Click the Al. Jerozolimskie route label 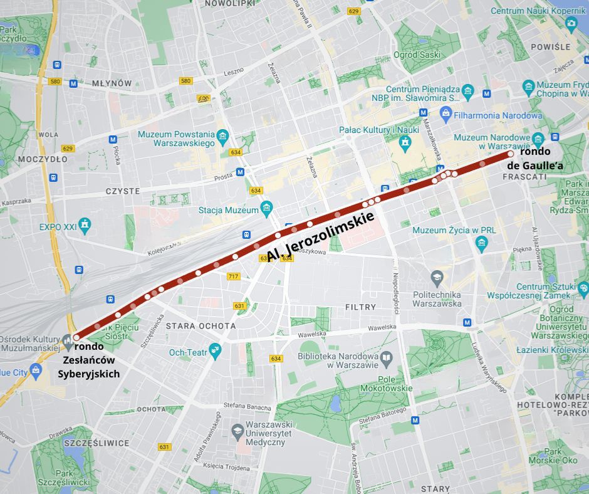click(320, 237)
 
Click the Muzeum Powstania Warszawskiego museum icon click(222, 135)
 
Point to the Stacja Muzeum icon click(267, 207)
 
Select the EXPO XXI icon click(85, 224)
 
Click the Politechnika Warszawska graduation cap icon click(437, 276)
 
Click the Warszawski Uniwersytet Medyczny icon click(237, 430)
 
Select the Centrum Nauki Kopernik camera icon click(571, 24)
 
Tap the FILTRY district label click(360, 307)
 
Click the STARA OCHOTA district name click(201, 326)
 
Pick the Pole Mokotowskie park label click(386, 383)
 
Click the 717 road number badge click(234, 276)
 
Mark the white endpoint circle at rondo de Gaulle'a click(511, 154)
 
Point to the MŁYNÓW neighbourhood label click(112, 83)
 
